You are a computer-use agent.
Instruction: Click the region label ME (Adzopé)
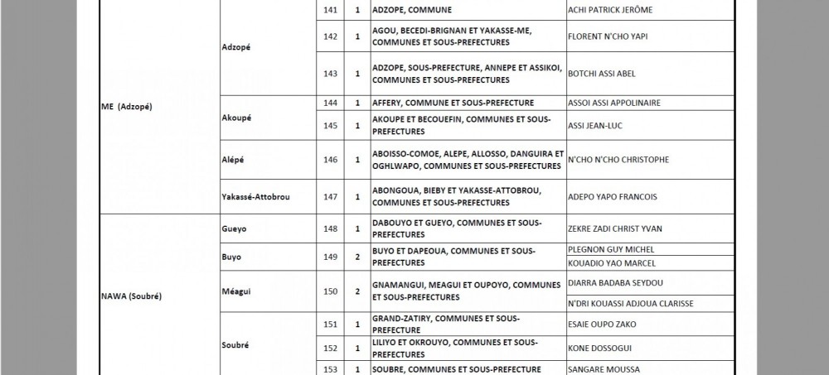127,108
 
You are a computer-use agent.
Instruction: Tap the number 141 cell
331,10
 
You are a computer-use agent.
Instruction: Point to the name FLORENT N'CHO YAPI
607,37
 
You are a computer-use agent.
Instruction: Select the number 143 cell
331,74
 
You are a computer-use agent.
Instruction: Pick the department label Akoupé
237,118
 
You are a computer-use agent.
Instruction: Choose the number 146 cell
331,160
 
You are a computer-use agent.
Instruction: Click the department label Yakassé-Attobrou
257,197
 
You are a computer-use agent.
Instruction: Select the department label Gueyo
235,228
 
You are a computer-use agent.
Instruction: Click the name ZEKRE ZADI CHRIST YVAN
614,228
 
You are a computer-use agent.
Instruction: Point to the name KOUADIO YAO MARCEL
611,263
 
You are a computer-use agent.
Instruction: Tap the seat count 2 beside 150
357,291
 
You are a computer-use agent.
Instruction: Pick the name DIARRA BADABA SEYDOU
614,282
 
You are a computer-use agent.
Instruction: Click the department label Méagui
238,291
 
